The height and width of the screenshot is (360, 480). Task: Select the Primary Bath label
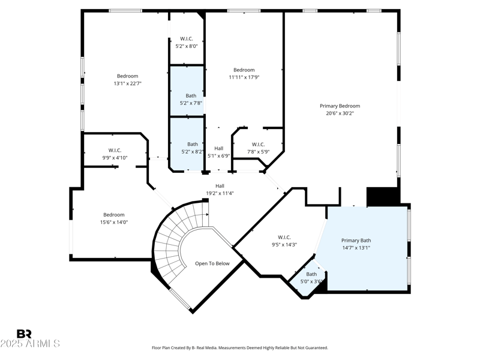tap(356, 240)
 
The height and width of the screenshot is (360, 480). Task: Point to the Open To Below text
tap(212, 263)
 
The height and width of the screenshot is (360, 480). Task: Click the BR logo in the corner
tap(24, 334)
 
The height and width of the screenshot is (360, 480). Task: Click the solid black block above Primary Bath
tap(383, 197)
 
